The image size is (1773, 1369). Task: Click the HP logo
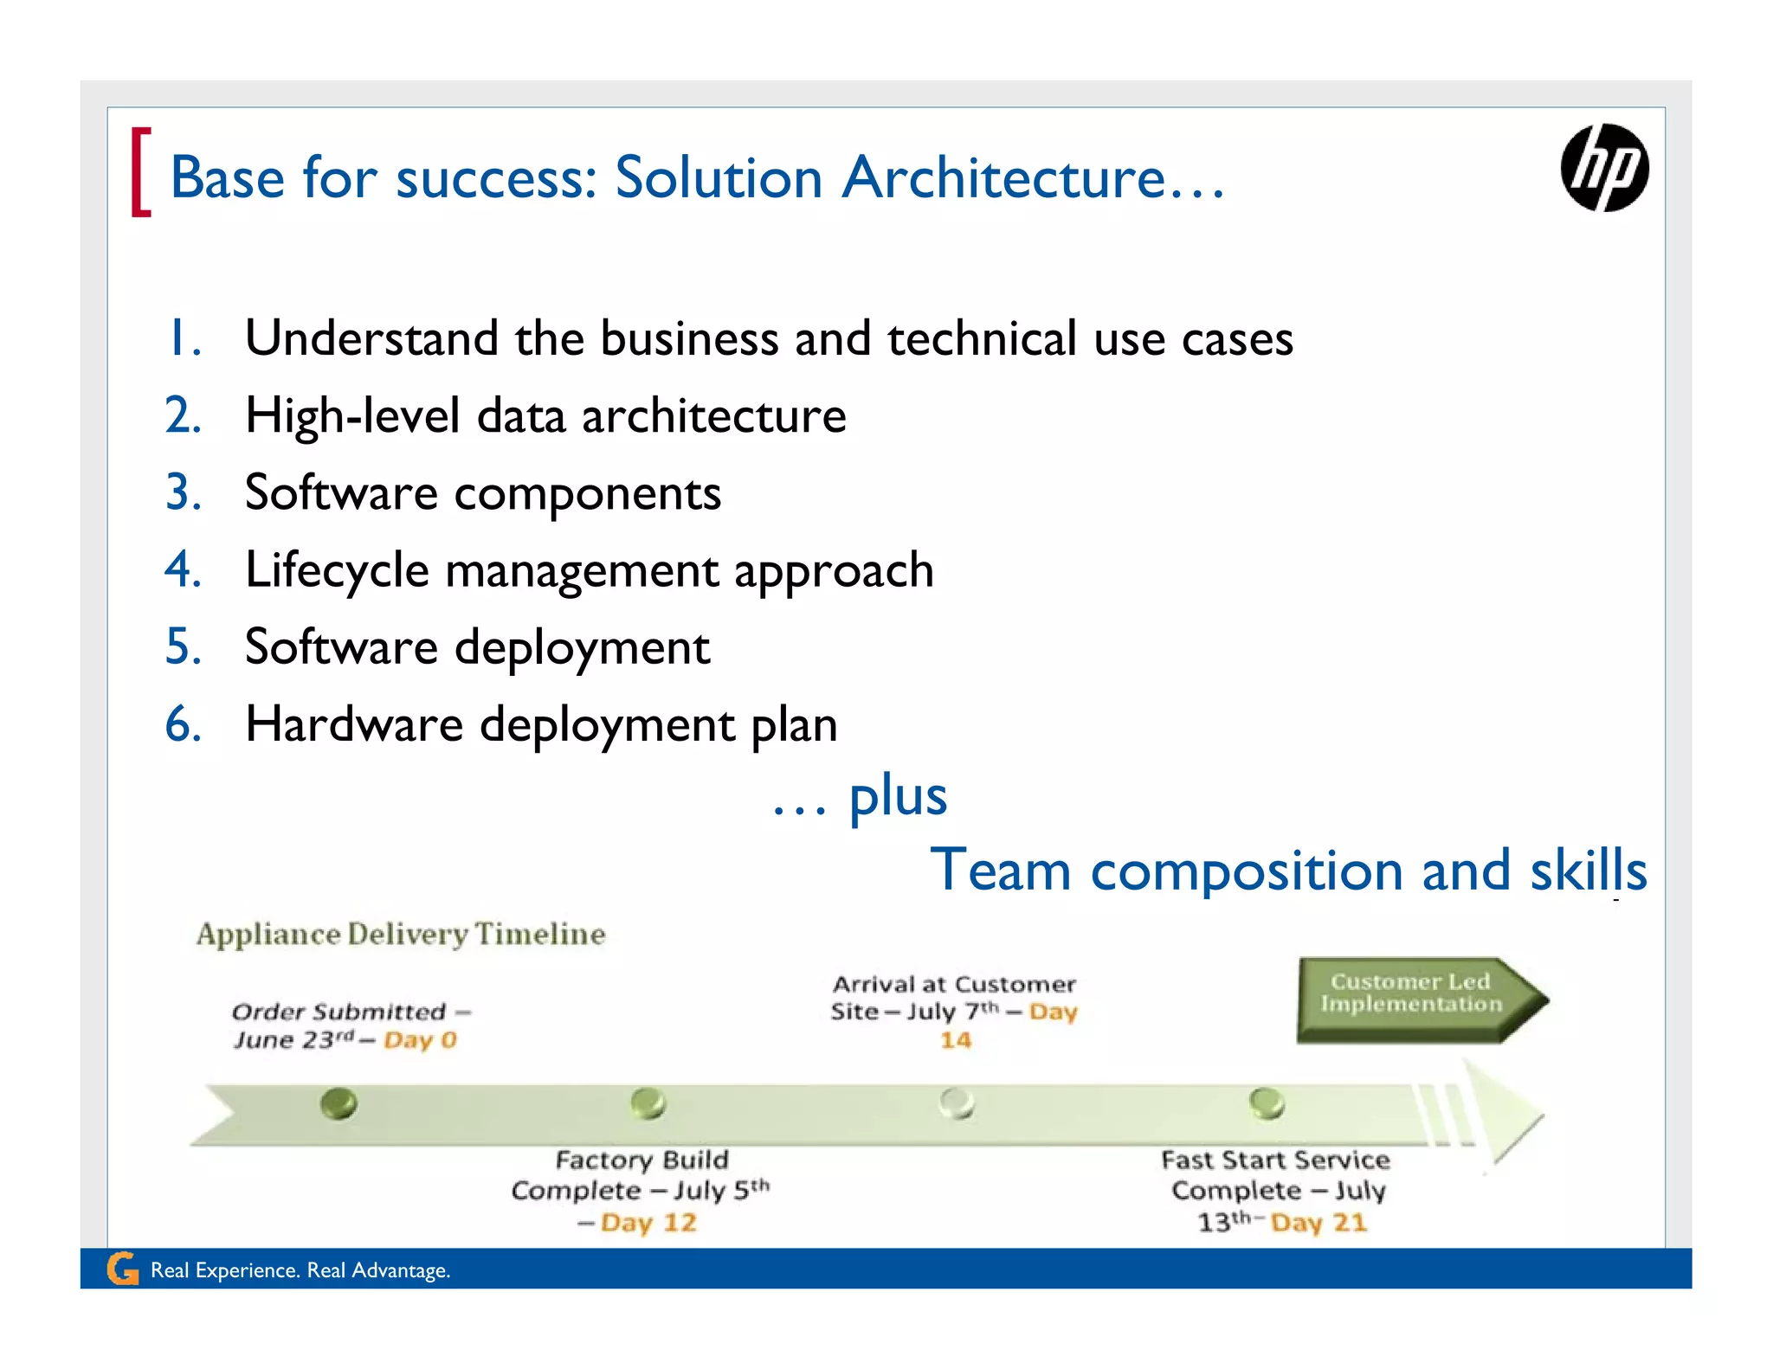click(1603, 168)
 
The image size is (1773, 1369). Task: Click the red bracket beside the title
click(140, 171)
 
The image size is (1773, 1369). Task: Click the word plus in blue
click(897, 795)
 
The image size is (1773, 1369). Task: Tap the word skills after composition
click(1588, 870)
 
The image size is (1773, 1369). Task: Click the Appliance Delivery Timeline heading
click(401, 934)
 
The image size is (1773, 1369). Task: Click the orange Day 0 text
click(420, 1039)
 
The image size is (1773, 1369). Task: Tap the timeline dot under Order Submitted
click(338, 1103)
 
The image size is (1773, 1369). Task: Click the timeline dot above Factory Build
click(648, 1103)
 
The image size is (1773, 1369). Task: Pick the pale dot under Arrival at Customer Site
click(957, 1103)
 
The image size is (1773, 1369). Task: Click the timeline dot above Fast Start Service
click(1267, 1103)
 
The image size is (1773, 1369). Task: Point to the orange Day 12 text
click(648, 1223)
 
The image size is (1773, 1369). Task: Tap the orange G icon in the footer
click(123, 1269)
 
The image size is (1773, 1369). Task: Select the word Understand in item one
click(371, 338)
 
